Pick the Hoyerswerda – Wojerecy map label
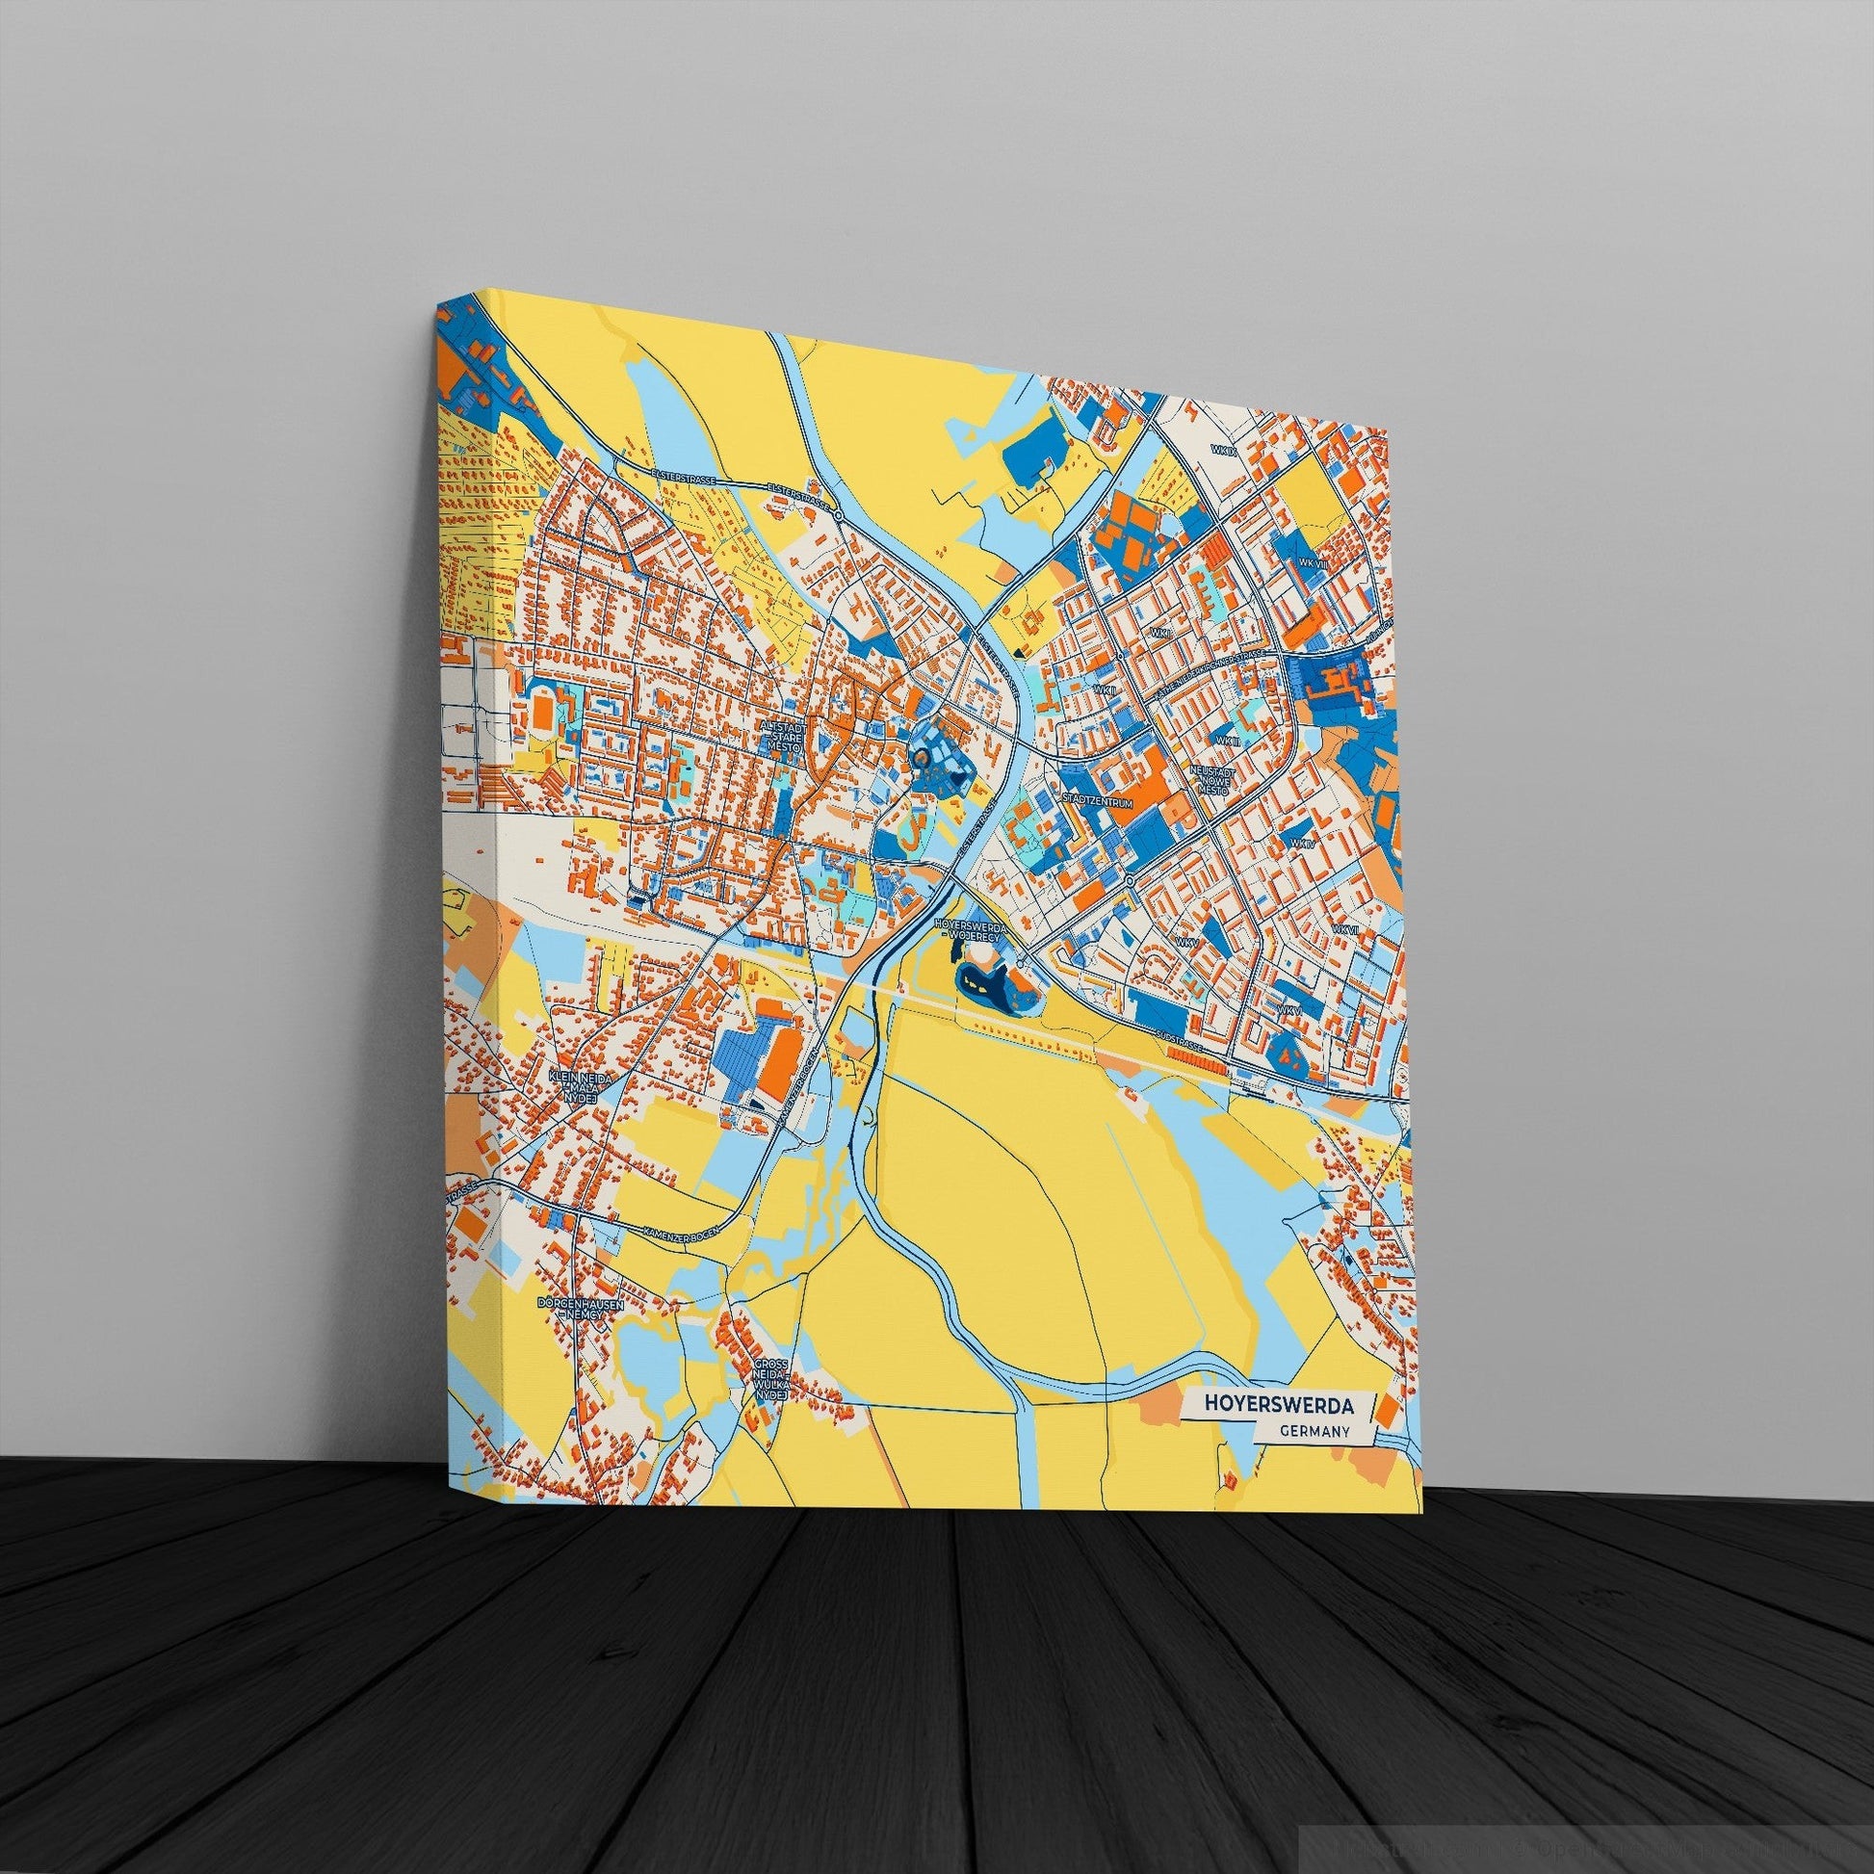pyautogui.click(x=971, y=927)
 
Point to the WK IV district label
pyautogui.click(x=1302, y=817)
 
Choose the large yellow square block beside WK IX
pyautogui.click(x=1305, y=490)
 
